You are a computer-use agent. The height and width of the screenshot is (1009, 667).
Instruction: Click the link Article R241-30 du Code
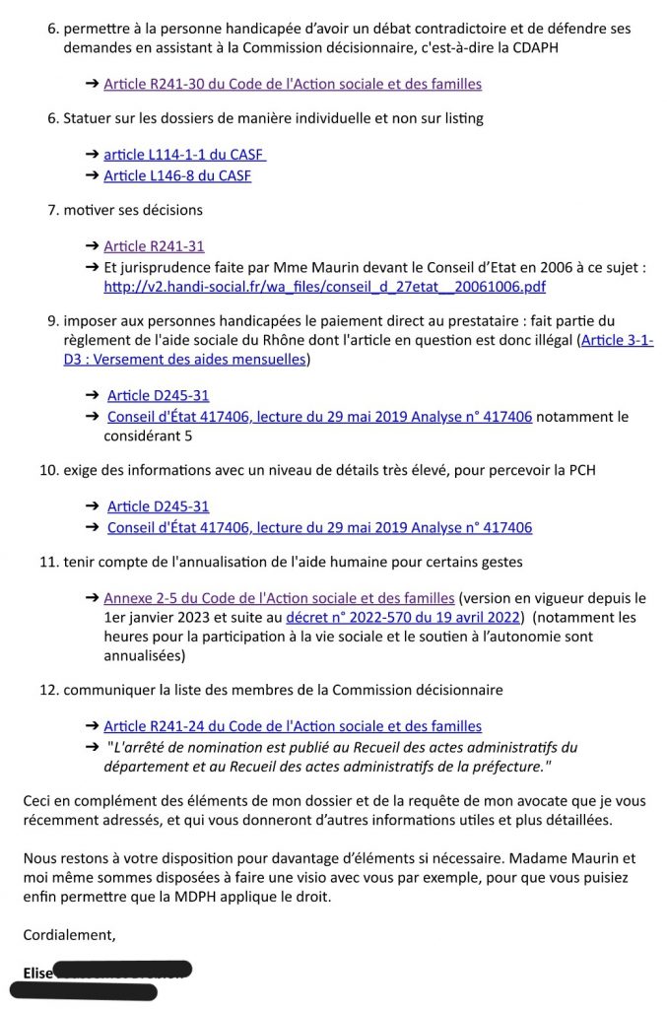click(x=293, y=85)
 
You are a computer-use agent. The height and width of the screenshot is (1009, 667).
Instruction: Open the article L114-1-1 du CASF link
click(x=184, y=155)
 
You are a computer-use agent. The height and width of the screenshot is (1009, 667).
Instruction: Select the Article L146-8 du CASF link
click(x=177, y=176)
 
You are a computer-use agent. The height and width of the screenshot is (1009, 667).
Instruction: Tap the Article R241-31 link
click(x=154, y=246)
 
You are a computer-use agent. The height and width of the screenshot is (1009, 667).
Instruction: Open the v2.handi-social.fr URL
click(x=324, y=287)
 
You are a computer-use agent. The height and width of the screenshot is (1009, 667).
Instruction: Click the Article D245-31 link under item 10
click(x=158, y=506)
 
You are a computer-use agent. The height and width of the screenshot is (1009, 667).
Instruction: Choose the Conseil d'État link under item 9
click(x=319, y=417)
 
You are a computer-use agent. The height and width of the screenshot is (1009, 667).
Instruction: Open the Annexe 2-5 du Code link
click(x=279, y=598)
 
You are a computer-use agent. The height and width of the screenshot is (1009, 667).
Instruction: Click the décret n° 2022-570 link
click(x=402, y=618)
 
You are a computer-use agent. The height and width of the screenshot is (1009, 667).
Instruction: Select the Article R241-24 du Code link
click(x=293, y=726)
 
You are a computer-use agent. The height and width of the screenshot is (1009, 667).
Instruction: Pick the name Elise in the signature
click(x=37, y=974)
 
